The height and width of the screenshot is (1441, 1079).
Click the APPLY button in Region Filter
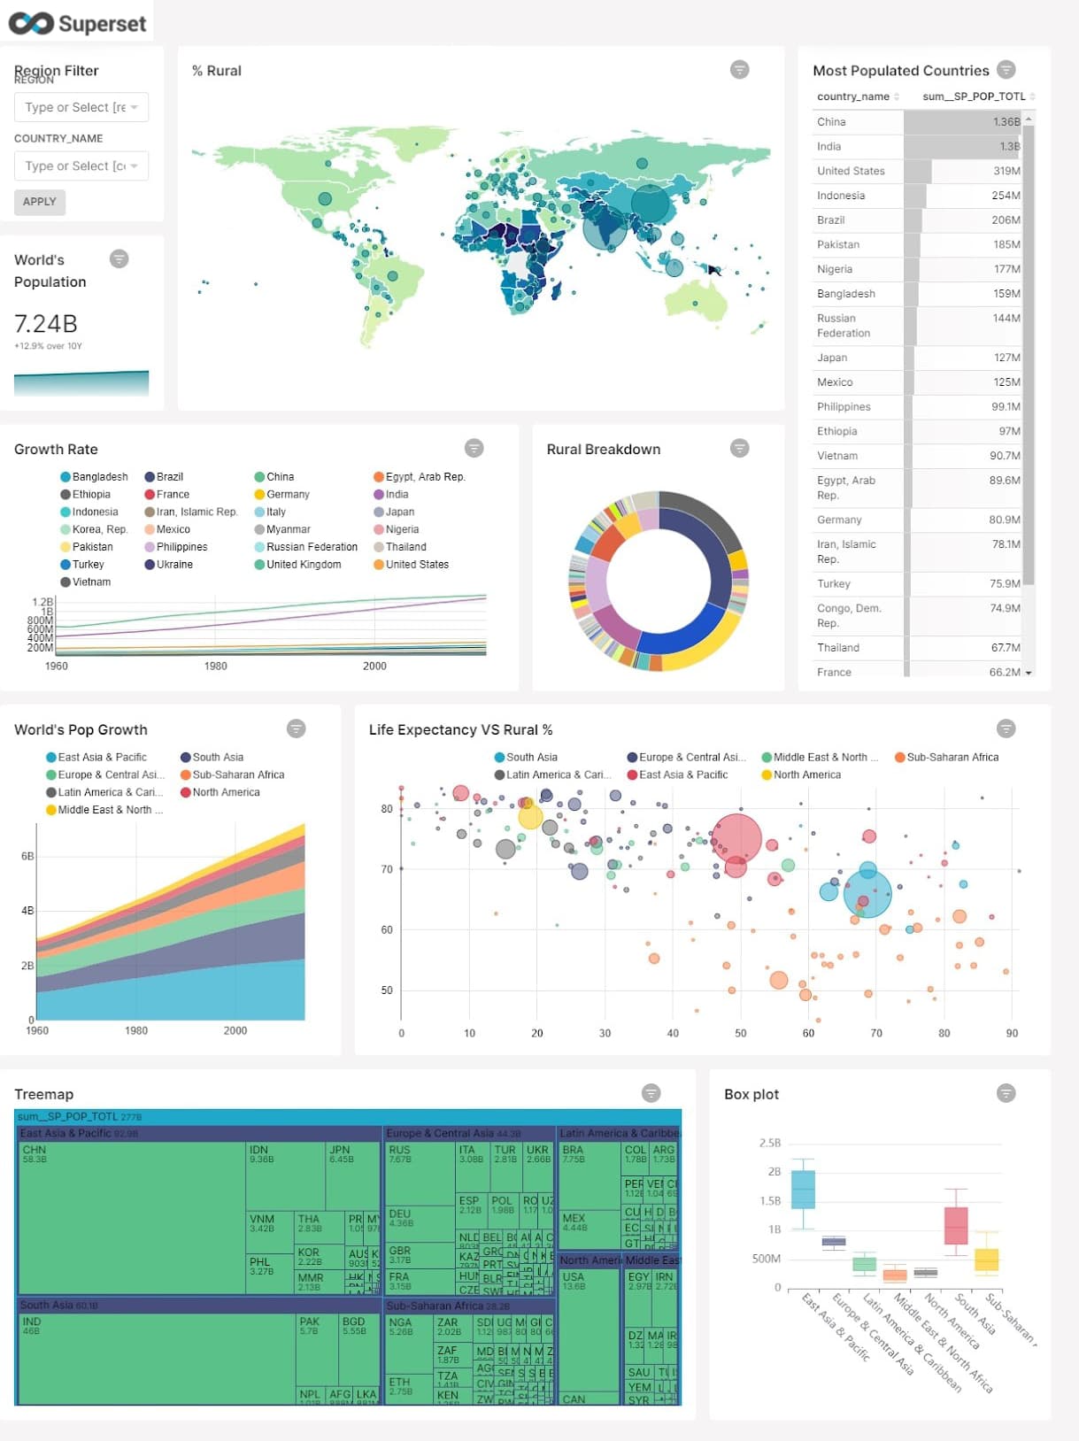pos(39,202)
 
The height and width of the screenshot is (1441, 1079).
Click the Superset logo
pos(77,23)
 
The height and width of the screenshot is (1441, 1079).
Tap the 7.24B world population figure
pos(46,323)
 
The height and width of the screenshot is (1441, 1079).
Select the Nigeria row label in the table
pos(835,269)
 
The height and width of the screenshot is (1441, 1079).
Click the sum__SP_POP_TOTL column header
pos(974,96)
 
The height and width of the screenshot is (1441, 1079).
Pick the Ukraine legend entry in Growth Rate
pos(174,565)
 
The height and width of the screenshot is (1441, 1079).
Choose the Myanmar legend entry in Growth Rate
pos(288,529)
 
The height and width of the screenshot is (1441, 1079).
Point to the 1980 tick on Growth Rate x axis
pos(216,666)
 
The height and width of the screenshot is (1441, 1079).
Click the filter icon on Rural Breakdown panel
pos(739,448)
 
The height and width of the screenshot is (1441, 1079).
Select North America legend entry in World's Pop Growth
pos(226,792)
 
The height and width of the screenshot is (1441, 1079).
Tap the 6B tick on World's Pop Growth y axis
pos(27,856)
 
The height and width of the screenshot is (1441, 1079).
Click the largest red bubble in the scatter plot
pos(736,836)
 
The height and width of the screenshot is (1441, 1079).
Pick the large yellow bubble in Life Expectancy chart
pos(530,816)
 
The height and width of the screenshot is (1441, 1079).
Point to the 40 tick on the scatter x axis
pos(673,1033)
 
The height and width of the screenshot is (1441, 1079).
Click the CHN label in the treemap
pos(35,1150)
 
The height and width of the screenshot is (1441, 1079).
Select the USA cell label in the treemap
pos(573,1276)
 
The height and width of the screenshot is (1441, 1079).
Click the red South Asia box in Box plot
pos(956,1226)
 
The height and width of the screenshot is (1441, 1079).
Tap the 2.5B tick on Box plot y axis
pos(769,1143)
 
